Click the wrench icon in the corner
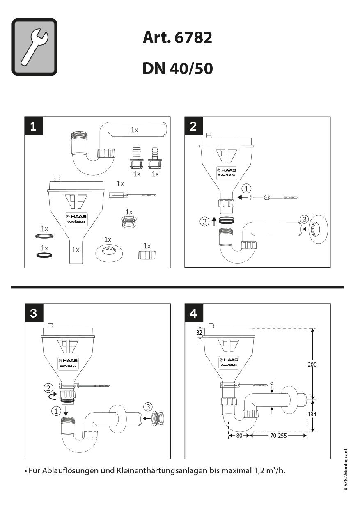[x=34, y=47]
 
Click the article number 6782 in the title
[x=193, y=38]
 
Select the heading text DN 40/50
[x=177, y=69]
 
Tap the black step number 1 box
[x=34, y=126]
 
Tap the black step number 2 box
[x=193, y=126]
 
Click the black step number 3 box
[x=34, y=313]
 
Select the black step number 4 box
[x=193, y=313]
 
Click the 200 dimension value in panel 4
[x=312, y=364]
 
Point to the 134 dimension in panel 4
[x=312, y=414]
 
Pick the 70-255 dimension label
[x=278, y=436]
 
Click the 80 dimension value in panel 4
[x=239, y=436]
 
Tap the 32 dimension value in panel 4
[x=199, y=333]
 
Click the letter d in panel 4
[x=272, y=383]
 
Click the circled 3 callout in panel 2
[x=304, y=219]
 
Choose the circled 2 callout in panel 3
[x=49, y=387]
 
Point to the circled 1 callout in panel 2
[x=246, y=189]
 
